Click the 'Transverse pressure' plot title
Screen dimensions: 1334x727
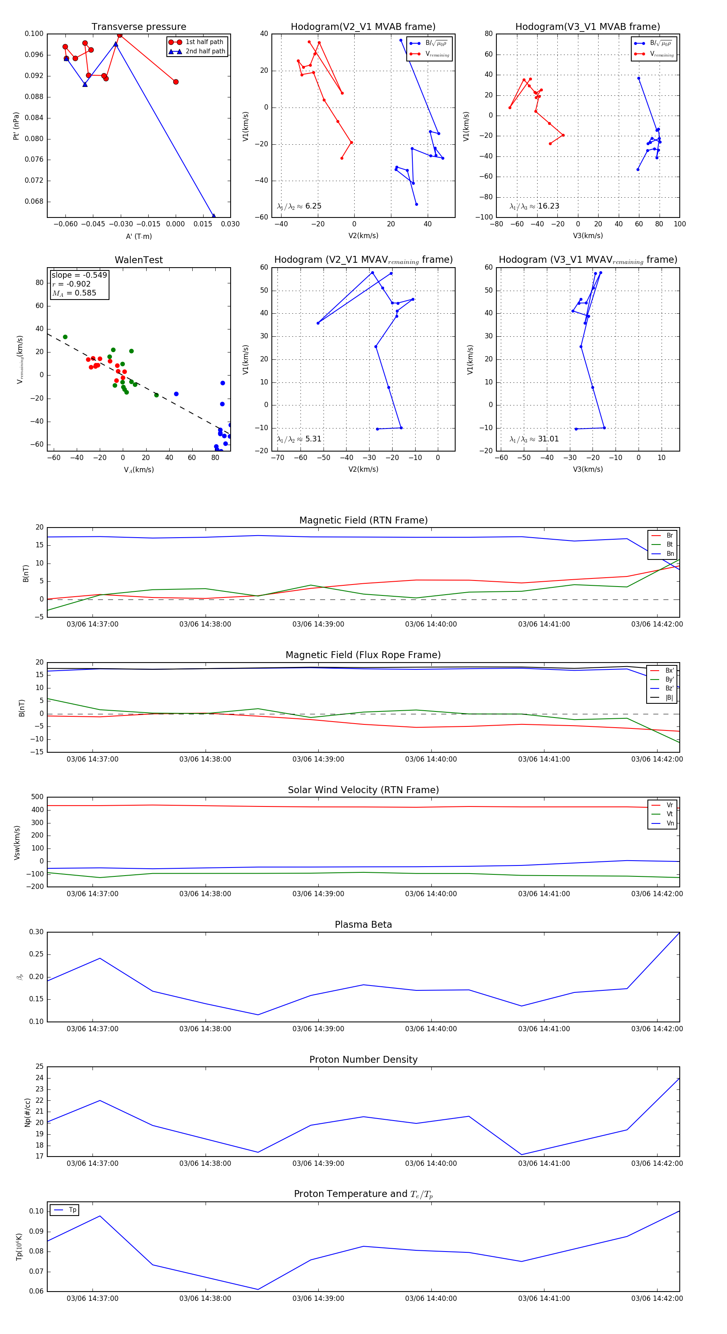(x=139, y=27)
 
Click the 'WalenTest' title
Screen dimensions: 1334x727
(x=139, y=260)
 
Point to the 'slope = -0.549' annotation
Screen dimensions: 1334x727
(x=79, y=275)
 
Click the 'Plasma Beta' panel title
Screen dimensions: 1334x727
(x=363, y=925)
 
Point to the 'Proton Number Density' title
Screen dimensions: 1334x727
(x=363, y=1060)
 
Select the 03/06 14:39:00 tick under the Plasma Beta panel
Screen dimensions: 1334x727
(x=318, y=1028)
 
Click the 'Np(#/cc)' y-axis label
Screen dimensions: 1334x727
(x=28, y=1112)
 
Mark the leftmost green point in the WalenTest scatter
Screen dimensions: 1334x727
(x=65, y=337)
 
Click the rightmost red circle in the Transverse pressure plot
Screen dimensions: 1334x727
(x=176, y=82)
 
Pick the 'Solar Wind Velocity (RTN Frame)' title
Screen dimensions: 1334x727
(x=363, y=790)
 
